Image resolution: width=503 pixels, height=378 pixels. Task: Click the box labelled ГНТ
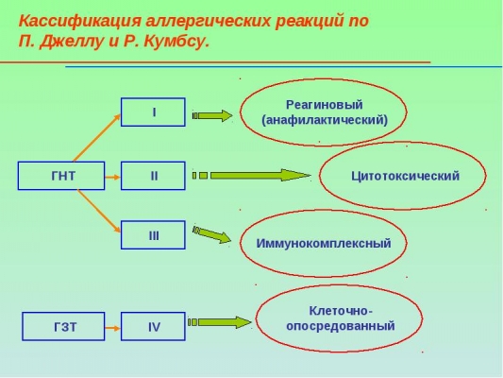61,176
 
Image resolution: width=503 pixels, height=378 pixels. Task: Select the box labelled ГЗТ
63,326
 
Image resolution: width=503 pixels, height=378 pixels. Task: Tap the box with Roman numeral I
153,112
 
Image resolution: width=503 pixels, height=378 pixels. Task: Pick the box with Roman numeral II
153,176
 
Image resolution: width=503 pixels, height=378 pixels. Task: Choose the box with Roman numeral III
153,234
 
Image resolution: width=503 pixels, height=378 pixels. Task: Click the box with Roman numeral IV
153,326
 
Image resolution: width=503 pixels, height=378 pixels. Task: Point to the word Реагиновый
325,105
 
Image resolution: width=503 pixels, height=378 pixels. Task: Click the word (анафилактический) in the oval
325,120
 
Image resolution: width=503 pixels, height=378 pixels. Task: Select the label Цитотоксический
405,176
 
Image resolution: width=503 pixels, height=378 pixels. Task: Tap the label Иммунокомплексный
324,243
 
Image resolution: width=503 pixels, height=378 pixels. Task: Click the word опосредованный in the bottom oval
341,326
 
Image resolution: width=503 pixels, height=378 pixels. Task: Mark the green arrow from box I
212,115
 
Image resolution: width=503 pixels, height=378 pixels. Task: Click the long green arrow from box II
251,176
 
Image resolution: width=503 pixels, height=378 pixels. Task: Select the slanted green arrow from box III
211,234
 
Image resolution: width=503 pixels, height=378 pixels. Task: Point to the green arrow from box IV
220,322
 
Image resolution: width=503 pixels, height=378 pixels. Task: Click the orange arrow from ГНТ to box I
97,138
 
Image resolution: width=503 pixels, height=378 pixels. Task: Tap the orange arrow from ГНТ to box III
99,211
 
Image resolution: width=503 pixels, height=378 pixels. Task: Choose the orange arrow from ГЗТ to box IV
112,328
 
